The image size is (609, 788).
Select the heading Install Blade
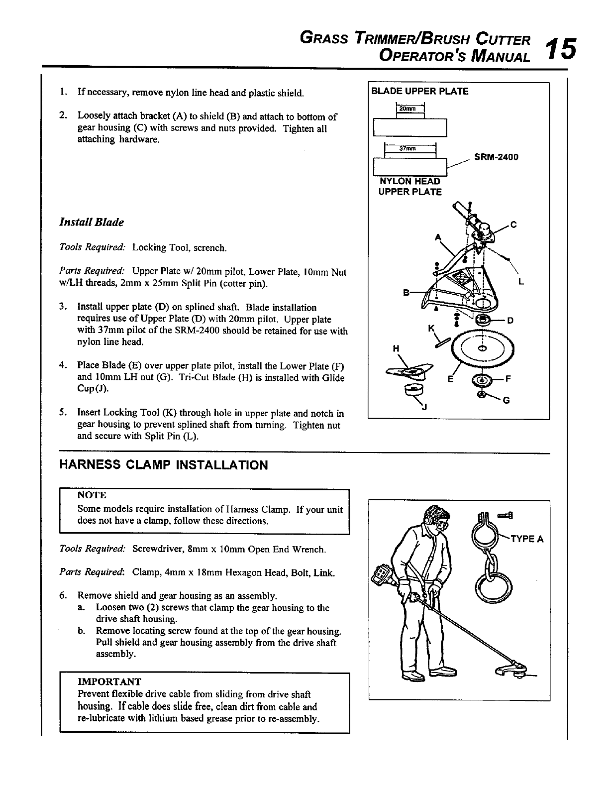coord(91,222)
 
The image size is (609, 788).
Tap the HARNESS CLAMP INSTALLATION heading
coord(164,465)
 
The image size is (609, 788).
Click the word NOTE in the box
coord(92,495)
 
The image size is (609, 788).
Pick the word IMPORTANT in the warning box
coord(109,681)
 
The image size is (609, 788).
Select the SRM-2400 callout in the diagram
coord(496,157)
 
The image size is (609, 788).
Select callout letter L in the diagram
coord(521,282)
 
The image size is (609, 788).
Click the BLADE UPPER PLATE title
coord(420,91)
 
